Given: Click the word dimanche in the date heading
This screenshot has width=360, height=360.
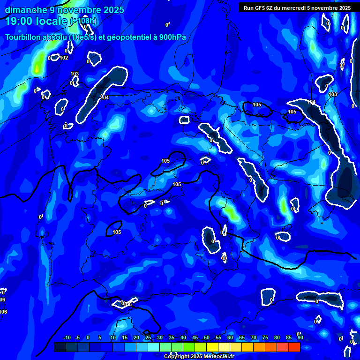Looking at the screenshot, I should click(26, 10).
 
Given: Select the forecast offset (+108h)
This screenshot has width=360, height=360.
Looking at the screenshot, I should click(83, 21).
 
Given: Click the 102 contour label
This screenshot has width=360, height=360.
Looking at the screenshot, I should click(64, 58).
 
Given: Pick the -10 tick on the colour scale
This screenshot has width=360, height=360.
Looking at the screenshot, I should click(67, 338).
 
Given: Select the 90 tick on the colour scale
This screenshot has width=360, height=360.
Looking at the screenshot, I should click(300, 338).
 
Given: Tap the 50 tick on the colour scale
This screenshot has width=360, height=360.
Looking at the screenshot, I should click(207, 338).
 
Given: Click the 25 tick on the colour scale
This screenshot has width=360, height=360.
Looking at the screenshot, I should click(148, 338).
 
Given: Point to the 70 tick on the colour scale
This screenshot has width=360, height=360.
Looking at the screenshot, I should click(254, 338).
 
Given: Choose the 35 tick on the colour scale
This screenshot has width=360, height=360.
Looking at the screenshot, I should click(172, 338).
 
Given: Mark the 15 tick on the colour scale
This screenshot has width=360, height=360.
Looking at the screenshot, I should click(125, 338).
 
